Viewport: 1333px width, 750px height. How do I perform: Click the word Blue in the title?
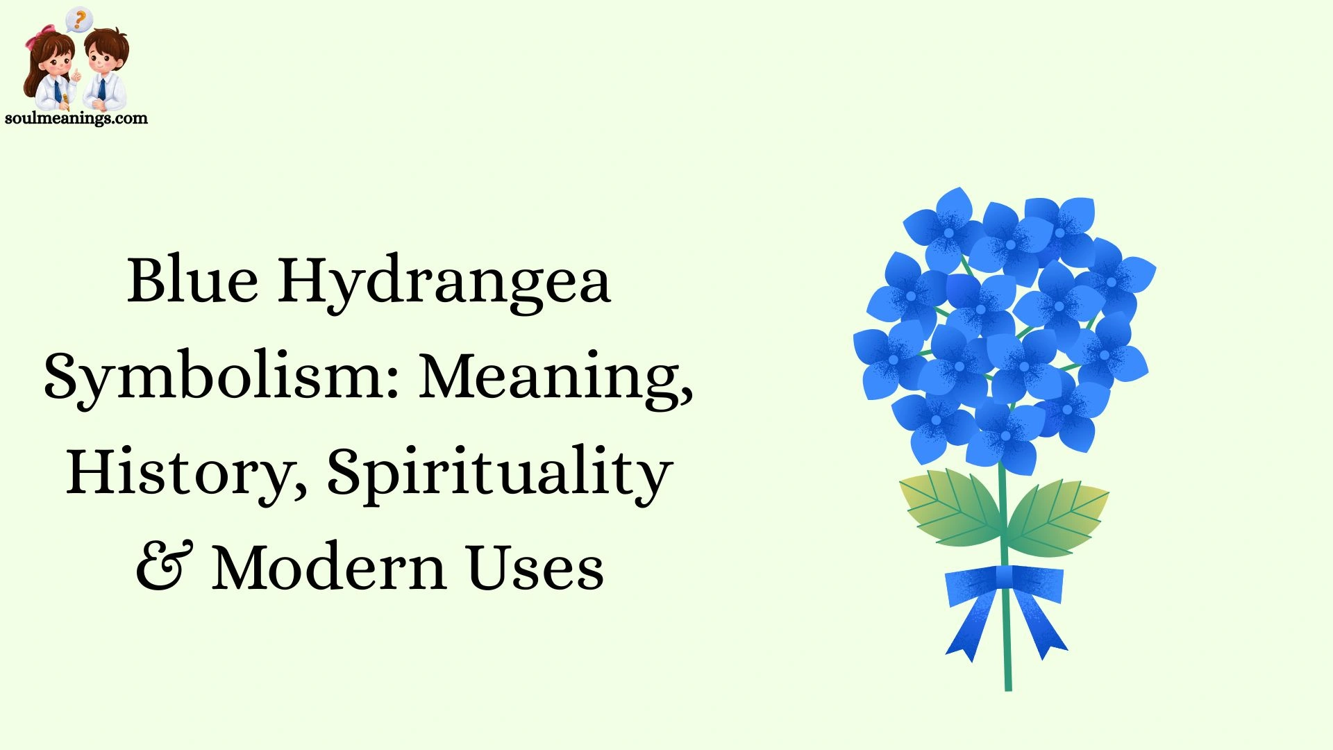click(x=192, y=281)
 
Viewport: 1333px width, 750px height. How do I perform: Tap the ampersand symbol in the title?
click(x=164, y=567)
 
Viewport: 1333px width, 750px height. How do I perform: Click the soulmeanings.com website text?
click(x=76, y=118)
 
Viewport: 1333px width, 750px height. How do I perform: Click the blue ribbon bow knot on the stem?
click(x=1004, y=578)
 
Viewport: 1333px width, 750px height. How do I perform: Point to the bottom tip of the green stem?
click(x=1008, y=687)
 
